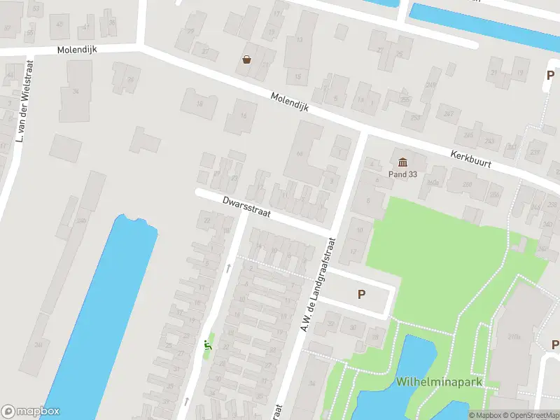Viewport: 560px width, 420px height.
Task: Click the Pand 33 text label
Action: pyautogui.click(x=402, y=174)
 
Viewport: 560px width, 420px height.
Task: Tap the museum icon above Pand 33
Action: pyautogui.click(x=402, y=162)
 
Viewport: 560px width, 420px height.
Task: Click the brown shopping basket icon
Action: pyautogui.click(x=246, y=59)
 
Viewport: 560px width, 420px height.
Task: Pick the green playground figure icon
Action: pyautogui.click(x=206, y=344)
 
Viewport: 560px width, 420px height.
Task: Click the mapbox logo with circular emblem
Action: pyautogui.click(x=31, y=412)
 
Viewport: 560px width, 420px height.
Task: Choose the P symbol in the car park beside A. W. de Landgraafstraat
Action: pyautogui.click(x=361, y=295)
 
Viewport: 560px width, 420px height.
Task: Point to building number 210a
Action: pyautogui.click(x=514, y=337)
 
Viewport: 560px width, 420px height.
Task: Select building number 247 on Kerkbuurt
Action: pyautogui.click(x=449, y=113)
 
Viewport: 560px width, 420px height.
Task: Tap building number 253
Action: pyautogui.click(x=416, y=117)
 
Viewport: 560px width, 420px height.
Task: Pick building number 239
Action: pyautogui.click(x=534, y=152)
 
